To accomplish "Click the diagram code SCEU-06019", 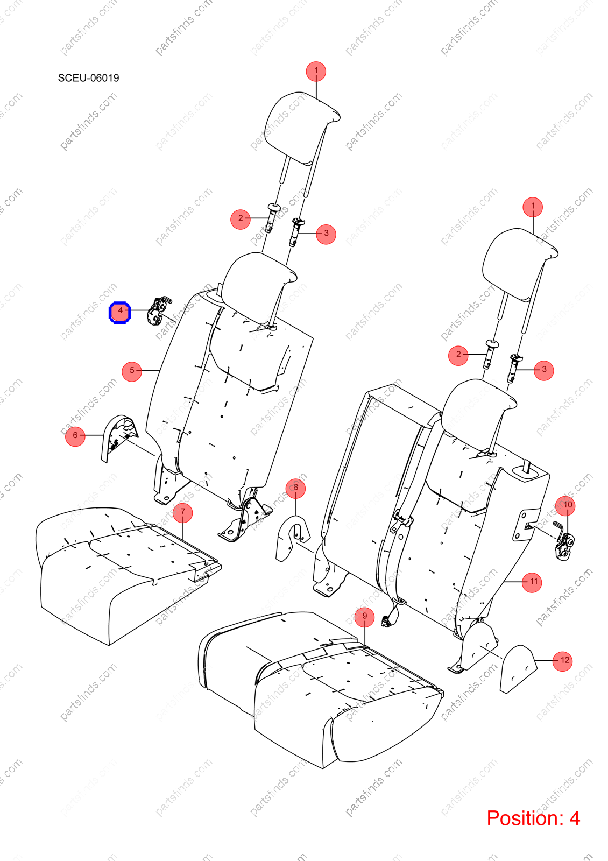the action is [88, 78].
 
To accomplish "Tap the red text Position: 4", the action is [533, 817].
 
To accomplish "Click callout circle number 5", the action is [132, 371].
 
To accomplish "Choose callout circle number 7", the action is [182, 513].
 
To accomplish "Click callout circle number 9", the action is [364, 617].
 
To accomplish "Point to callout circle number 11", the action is [532, 582].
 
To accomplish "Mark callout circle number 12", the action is [562, 661].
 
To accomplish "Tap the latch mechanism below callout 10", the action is [564, 540].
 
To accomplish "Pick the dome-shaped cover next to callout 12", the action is [518, 669].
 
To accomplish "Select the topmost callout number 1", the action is [316, 72].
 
